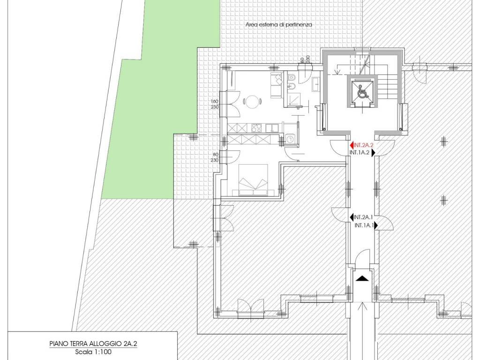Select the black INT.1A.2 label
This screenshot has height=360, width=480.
[x=360, y=152]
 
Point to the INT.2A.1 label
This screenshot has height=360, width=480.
[x=363, y=217]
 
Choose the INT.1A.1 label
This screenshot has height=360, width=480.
[x=364, y=225]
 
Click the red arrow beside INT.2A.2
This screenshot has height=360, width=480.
[x=352, y=145]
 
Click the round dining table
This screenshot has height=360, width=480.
[x=252, y=101]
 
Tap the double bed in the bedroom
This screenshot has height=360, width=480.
[x=250, y=180]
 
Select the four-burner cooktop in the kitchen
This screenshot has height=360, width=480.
[x=256, y=127]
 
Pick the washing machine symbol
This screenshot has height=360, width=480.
[x=289, y=139]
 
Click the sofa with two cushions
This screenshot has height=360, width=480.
[x=276, y=85]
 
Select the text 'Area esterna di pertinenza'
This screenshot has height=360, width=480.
[x=278, y=25]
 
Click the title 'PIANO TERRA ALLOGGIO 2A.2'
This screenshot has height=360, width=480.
[x=93, y=344]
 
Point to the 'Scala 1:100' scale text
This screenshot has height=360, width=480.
[x=93, y=352]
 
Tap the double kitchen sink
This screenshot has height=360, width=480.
[x=271, y=127]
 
